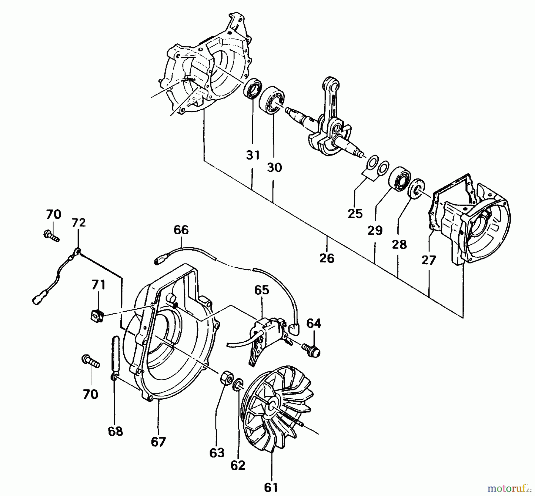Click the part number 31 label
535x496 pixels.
pos(253,155)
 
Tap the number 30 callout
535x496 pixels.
pos(274,167)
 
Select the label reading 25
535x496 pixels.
pos(355,214)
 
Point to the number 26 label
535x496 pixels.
pos(327,258)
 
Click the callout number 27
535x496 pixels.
pos(429,260)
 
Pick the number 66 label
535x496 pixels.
pos(181,230)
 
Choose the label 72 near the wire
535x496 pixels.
pos(78,222)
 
